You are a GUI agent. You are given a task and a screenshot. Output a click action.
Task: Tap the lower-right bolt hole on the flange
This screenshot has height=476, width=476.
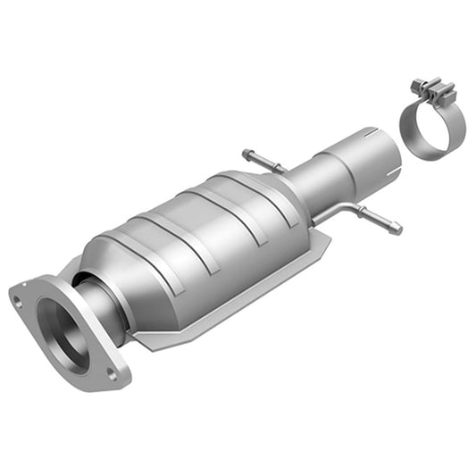113,375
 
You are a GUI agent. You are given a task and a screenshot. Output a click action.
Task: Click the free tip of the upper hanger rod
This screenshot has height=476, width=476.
245,154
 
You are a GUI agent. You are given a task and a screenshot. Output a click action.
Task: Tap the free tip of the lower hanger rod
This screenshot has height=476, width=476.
397,230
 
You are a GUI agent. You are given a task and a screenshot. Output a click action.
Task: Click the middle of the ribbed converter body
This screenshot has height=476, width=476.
205,237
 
